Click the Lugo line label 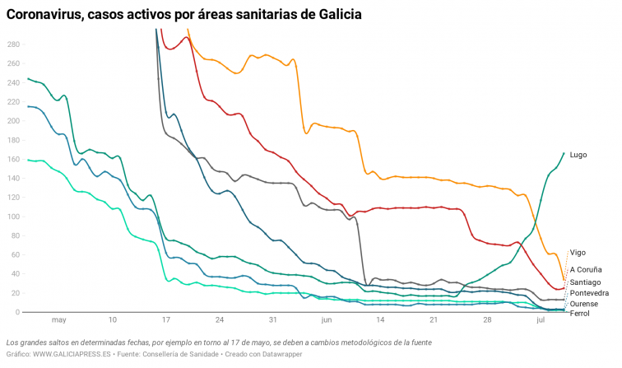click(579, 154)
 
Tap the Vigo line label click(578, 253)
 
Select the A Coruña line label click(586, 269)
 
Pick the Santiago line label click(585, 282)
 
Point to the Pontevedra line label click(589, 293)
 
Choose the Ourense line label click(584, 304)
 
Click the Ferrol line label click(579, 314)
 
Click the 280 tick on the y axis click(12, 44)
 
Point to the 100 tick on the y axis click(12, 217)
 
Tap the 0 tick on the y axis click(16, 313)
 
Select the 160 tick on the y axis click(12, 159)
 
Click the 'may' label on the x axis click(58, 320)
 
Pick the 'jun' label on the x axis click(327, 320)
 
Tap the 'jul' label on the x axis click(541, 320)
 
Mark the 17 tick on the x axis click(166, 320)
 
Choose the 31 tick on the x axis click(273, 320)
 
